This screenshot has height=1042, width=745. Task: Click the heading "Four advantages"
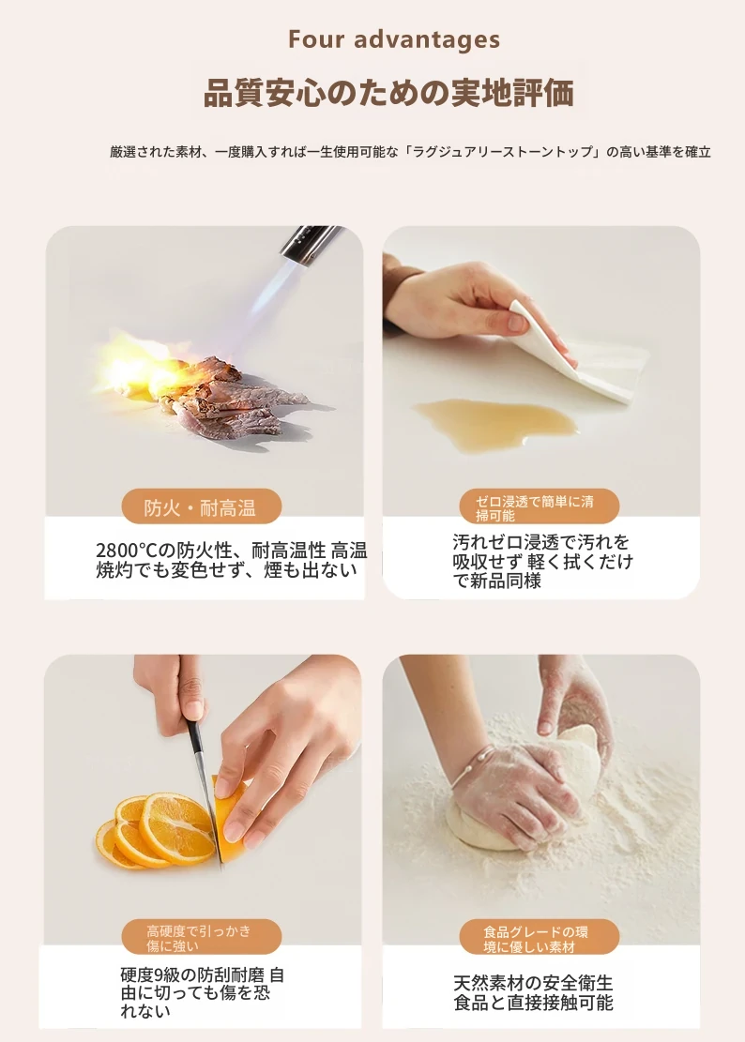[x=393, y=39]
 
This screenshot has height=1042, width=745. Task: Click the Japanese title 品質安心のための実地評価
[x=388, y=93]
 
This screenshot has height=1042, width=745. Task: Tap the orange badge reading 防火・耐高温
[x=202, y=507]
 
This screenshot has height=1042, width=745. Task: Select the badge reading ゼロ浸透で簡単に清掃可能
[x=539, y=507]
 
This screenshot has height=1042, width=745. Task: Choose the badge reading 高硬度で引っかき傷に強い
[x=202, y=937]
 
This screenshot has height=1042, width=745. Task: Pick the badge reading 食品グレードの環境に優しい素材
[x=539, y=937]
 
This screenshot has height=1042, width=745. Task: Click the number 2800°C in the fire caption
[x=126, y=551]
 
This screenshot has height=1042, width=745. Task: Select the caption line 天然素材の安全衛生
[x=533, y=982]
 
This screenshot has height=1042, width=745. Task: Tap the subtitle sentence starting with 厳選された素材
[x=410, y=152]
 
